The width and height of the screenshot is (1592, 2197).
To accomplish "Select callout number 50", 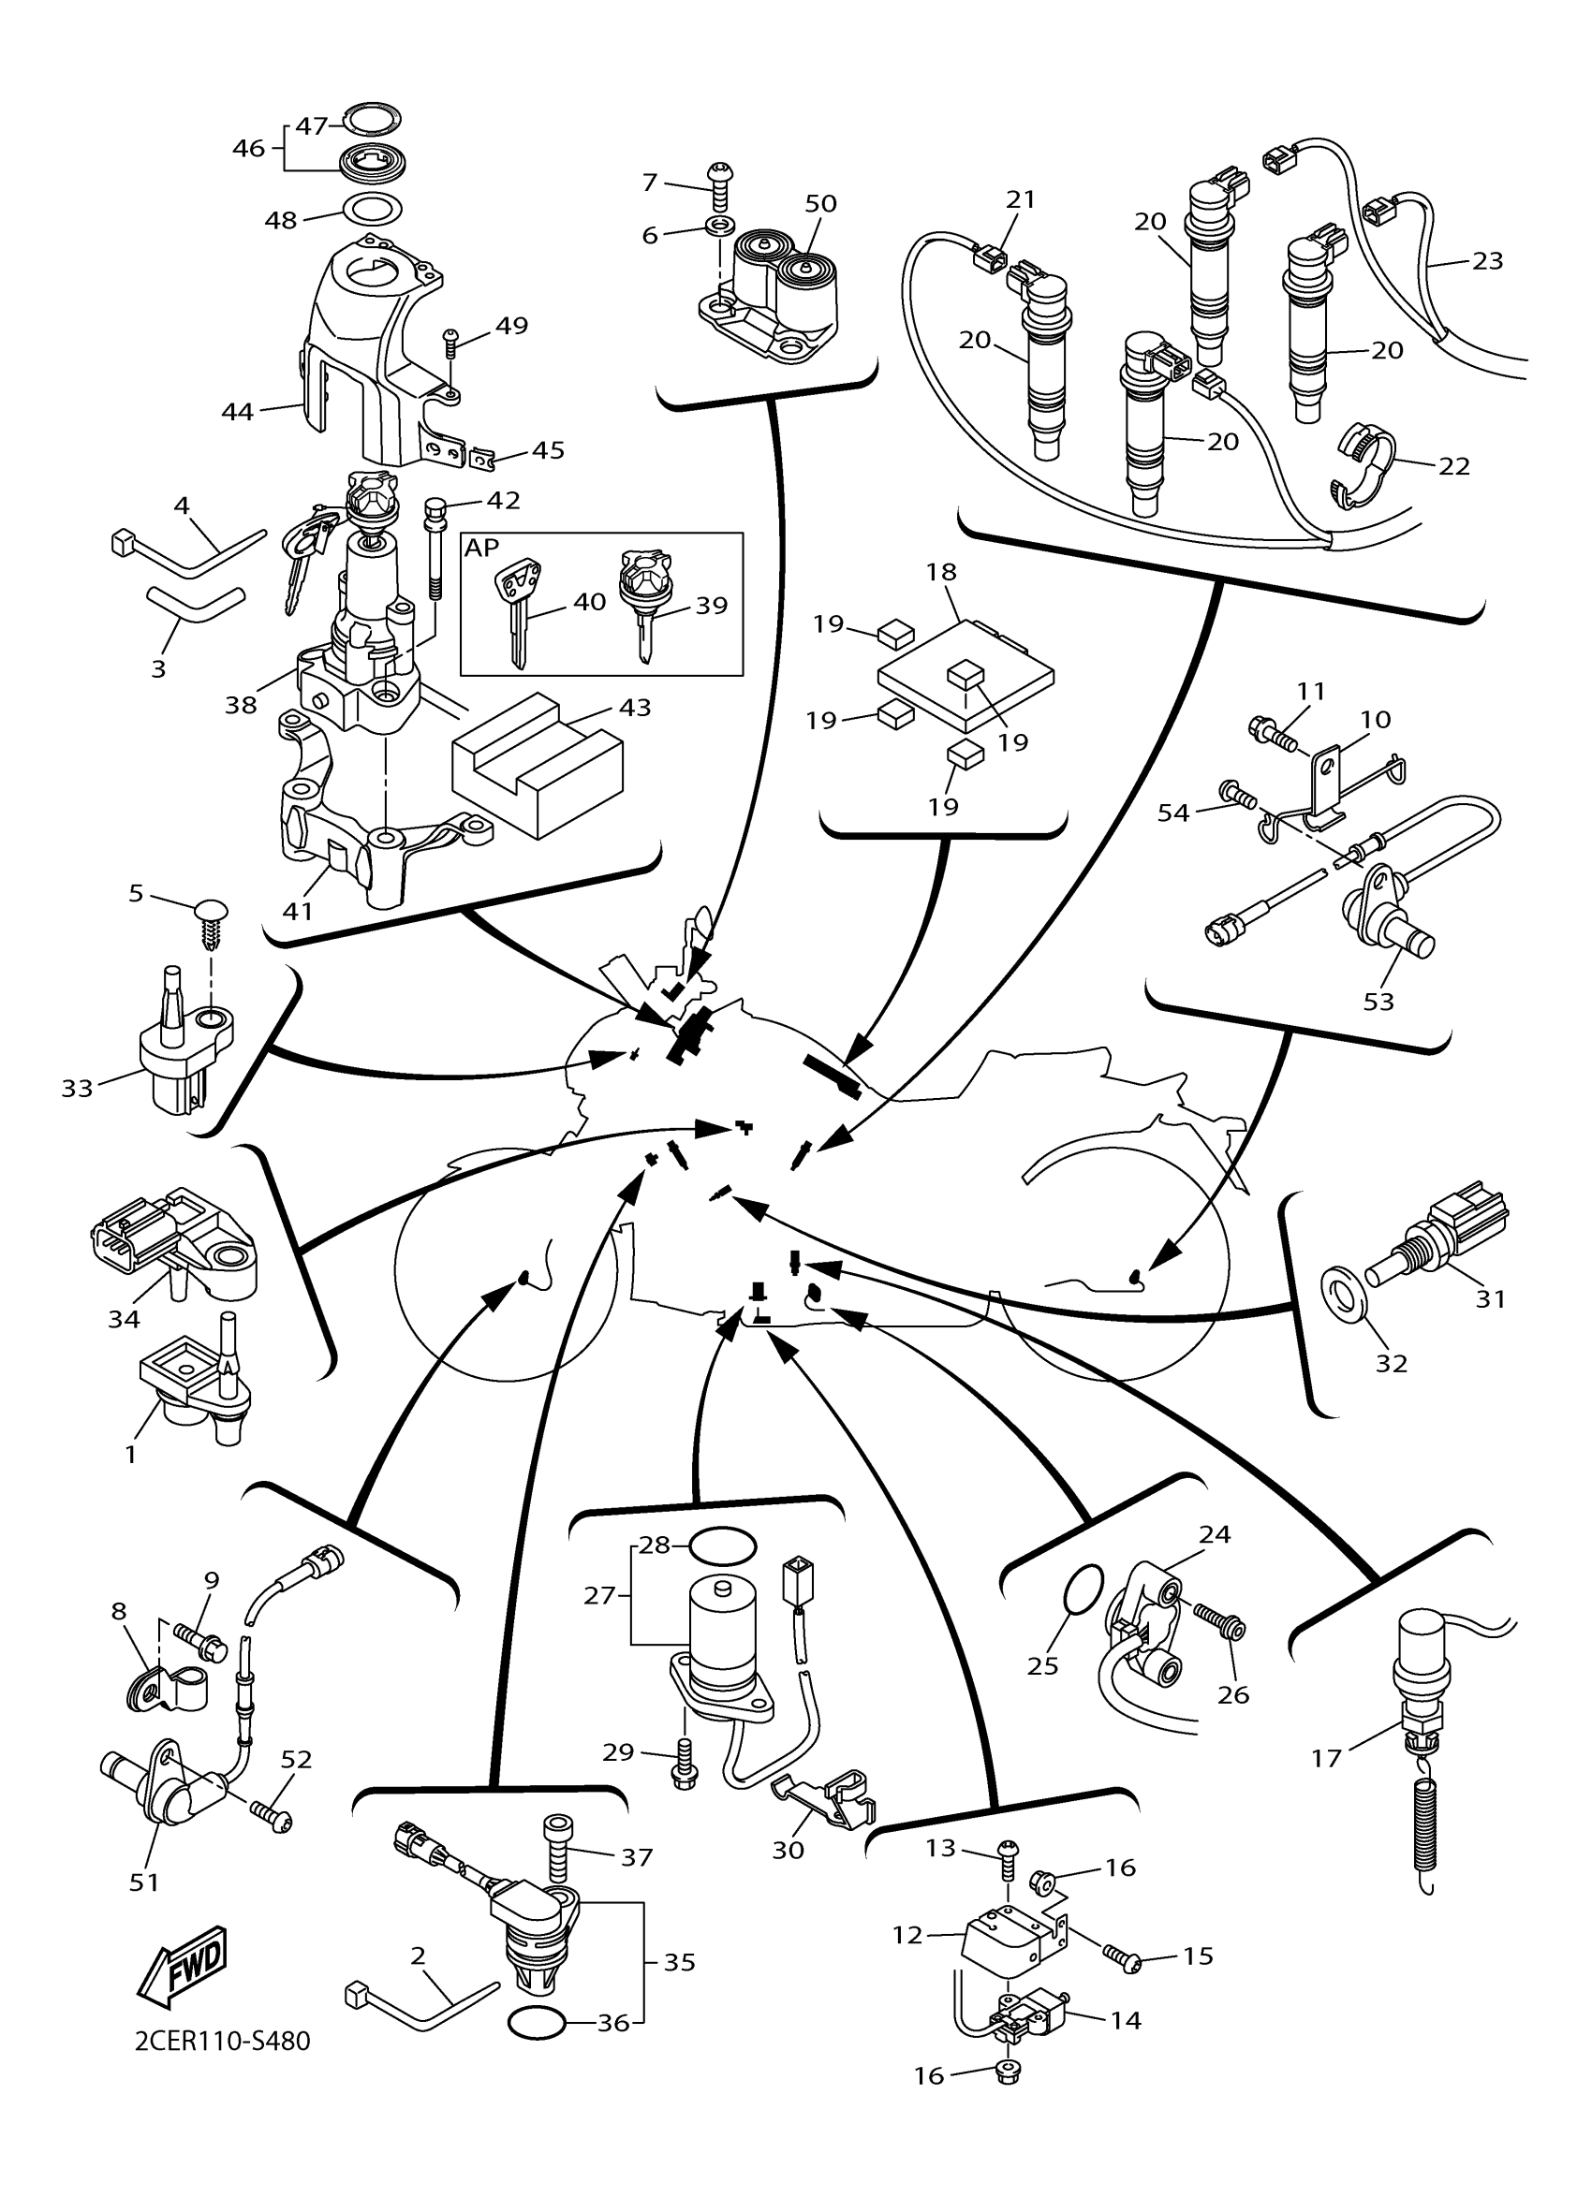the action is pyautogui.click(x=820, y=203).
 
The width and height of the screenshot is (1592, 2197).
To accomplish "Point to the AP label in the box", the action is pyautogui.click(x=481, y=548).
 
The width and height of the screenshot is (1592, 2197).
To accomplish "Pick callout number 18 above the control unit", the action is pyautogui.click(x=941, y=572).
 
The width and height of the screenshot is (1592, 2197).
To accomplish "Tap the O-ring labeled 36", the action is pyautogui.click(x=536, y=2023).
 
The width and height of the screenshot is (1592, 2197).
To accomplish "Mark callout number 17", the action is pyautogui.click(x=1326, y=1757).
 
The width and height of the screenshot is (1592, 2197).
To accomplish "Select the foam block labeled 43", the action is pyautogui.click(x=537, y=764).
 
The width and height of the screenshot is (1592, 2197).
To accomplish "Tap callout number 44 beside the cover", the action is pyautogui.click(x=237, y=412).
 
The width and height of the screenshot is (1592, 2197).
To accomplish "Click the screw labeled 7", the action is pyautogui.click(x=719, y=187).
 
